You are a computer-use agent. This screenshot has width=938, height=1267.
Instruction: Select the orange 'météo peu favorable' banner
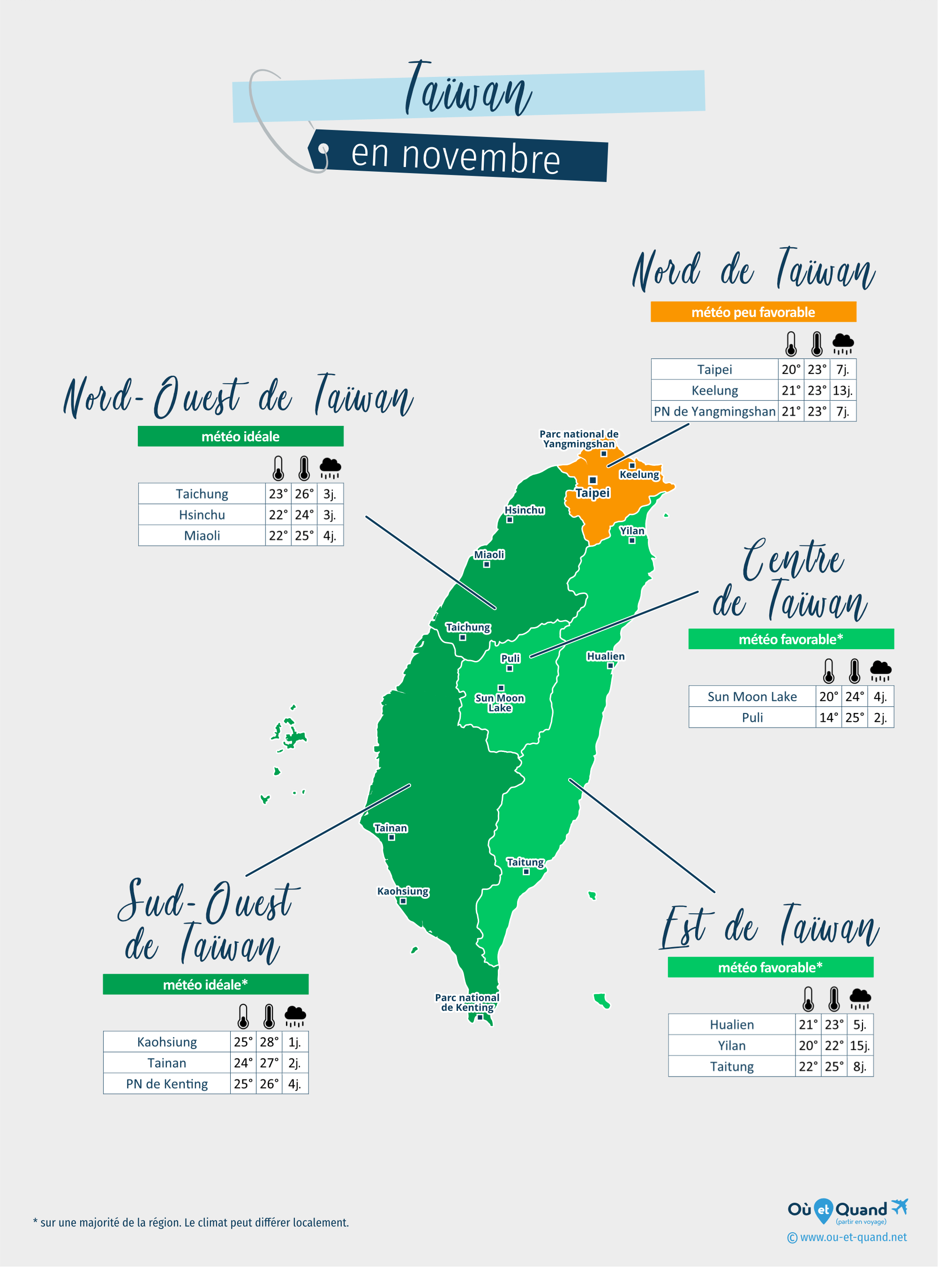[x=753, y=312]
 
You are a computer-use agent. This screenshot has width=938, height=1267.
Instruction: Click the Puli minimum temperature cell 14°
[x=828, y=718]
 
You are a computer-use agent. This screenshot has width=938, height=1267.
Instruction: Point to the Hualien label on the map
[x=605, y=656]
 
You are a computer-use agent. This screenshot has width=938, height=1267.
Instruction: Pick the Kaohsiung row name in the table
[x=167, y=1042]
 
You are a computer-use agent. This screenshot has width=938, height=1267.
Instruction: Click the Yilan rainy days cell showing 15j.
[x=860, y=1046]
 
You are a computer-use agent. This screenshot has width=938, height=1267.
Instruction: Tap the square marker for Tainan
[x=391, y=837]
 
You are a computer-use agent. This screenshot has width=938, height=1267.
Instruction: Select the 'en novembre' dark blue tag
[x=457, y=156]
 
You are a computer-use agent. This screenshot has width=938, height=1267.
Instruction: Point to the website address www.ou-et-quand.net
[x=847, y=1237]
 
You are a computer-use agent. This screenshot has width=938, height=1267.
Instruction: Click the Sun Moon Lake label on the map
[x=500, y=703]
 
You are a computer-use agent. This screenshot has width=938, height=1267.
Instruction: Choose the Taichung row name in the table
[x=202, y=494]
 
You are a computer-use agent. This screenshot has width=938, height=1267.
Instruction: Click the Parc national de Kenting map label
[x=467, y=1002]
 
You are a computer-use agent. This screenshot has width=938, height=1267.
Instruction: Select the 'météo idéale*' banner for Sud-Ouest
[x=205, y=985]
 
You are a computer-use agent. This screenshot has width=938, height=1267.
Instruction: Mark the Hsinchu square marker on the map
[x=509, y=520]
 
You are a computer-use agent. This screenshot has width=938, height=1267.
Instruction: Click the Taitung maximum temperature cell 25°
[x=833, y=1066]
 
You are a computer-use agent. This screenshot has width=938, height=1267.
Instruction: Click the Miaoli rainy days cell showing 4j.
[x=330, y=536]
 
